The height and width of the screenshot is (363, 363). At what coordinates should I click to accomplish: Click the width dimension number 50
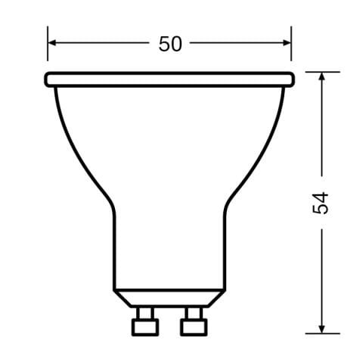click(x=170, y=45)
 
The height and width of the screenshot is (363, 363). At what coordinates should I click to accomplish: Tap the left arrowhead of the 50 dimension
click(x=51, y=45)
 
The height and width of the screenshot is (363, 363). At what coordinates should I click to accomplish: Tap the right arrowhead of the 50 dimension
click(x=287, y=45)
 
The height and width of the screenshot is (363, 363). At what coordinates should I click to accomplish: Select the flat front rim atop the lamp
click(x=169, y=79)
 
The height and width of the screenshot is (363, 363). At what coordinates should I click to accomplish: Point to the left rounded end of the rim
click(x=48, y=79)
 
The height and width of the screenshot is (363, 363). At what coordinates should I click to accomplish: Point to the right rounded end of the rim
click(x=291, y=79)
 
